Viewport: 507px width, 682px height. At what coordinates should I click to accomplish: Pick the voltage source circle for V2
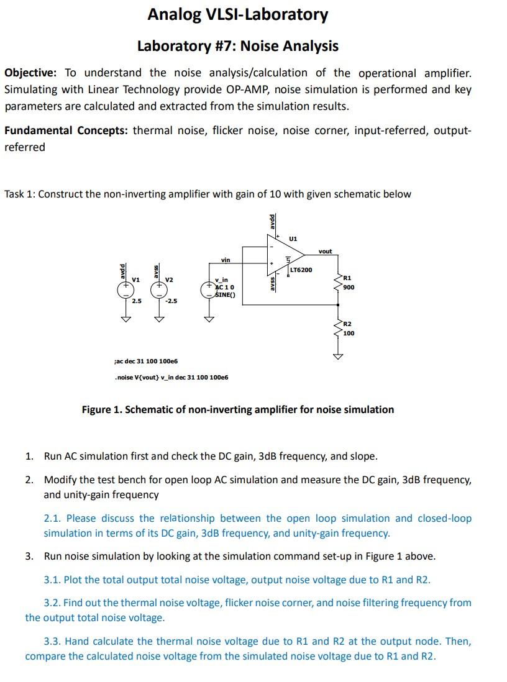(160, 290)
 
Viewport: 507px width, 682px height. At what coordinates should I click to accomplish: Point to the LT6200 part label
(301, 270)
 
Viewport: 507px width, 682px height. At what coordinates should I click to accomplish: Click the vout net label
(325, 251)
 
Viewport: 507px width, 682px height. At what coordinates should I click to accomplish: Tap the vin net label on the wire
(225, 260)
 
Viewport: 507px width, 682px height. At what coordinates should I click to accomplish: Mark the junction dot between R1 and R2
(338, 305)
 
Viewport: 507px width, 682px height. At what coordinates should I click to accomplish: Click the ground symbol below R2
(338, 357)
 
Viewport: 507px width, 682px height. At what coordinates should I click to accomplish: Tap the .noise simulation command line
(171, 377)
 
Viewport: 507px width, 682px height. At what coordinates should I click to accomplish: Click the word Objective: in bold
(30, 73)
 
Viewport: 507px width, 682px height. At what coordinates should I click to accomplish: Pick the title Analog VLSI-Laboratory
(237, 14)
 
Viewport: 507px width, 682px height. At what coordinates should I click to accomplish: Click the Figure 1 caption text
(238, 409)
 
